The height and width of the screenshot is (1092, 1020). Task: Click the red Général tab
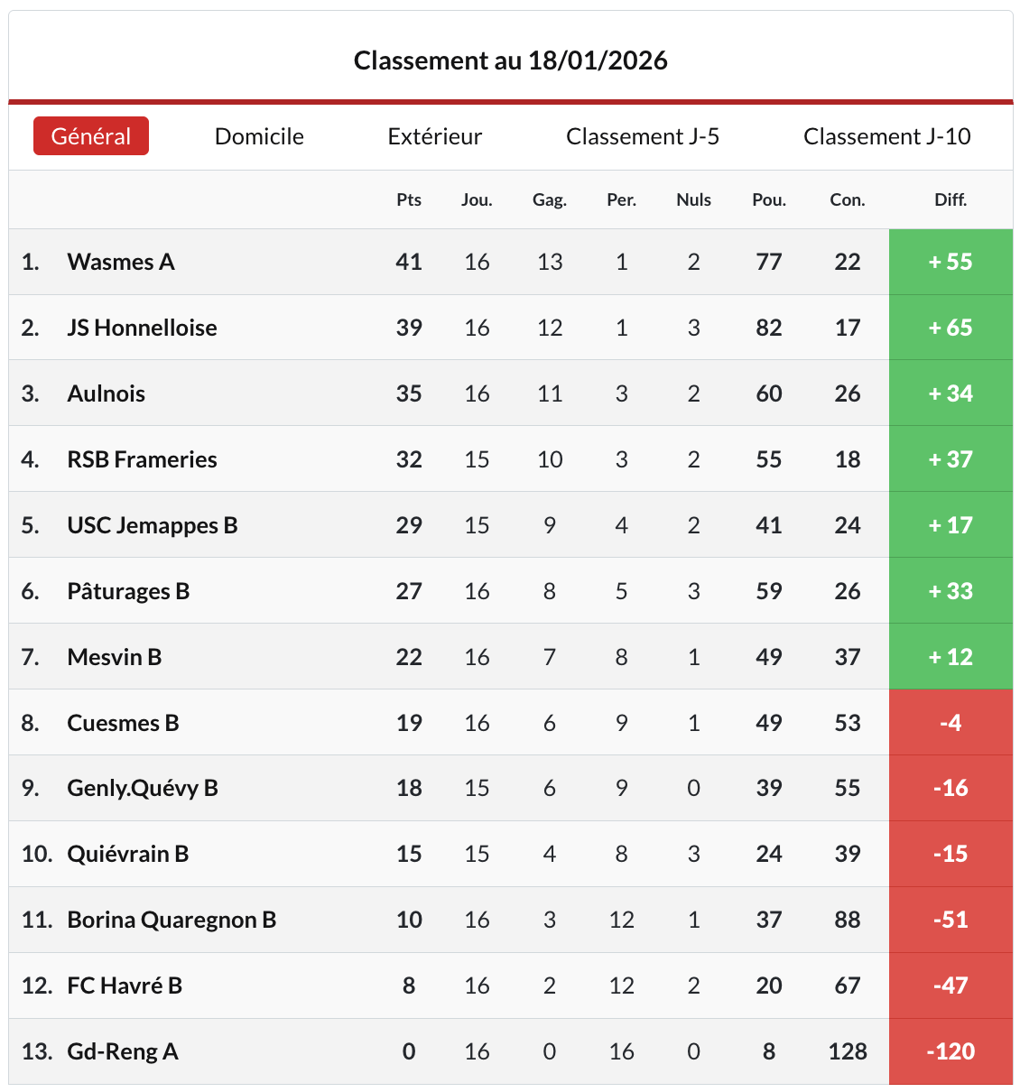click(x=91, y=136)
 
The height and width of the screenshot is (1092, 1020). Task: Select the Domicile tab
click(x=259, y=136)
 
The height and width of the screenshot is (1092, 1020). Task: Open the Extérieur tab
click(x=435, y=136)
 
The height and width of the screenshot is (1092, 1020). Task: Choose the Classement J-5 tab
click(x=643, y=136)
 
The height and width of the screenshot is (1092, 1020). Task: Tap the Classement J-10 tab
click(x=887, y=136)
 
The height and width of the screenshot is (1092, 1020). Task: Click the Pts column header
click(x=409, y=199)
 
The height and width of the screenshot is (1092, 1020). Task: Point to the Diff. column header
click(x=950, y=199)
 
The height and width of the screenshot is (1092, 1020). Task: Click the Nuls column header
click(x=693, y=199)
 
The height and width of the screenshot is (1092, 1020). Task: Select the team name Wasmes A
click(x=121, y=262)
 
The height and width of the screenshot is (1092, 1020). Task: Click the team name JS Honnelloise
click(x=142, y=328)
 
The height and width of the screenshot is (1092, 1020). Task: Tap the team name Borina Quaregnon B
click(x=172, y=920)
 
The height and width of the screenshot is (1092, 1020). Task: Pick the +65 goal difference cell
click(x=950, y=328)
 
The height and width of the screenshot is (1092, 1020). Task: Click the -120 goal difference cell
click(x=950, y=1051)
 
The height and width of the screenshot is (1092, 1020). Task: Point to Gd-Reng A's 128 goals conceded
click(x=848, y=1051)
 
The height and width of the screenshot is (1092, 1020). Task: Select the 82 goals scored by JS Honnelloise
click(x=769, y=328)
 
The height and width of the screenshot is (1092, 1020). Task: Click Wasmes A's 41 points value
click(x=409, y=262)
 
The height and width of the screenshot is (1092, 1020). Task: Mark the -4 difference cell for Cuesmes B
click(x=950, y=723)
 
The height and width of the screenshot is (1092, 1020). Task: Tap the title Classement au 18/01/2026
click(x=511, y=60)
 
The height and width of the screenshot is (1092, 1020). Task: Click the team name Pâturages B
click(x=128, y=591)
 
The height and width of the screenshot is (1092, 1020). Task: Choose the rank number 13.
click(x=36, y=1051)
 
